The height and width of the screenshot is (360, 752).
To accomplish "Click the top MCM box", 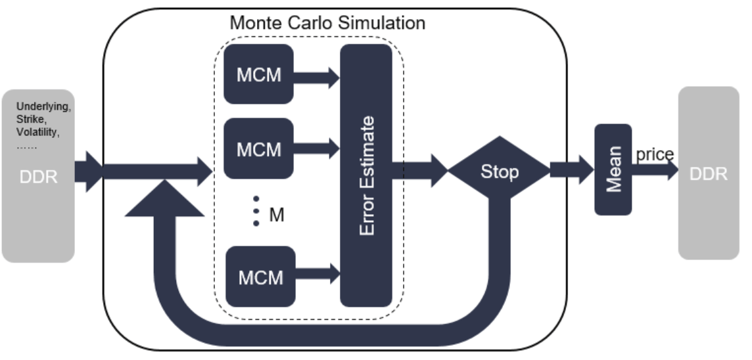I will coord(258,74).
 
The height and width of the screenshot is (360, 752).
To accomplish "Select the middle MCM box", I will coord(258,148).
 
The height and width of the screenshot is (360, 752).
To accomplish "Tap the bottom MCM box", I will coord(260,277).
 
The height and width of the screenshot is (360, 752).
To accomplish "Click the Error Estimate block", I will coord(366,175).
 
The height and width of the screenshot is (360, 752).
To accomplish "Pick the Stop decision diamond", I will coord(499,171).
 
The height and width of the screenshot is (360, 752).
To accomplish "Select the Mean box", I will coord(613,169).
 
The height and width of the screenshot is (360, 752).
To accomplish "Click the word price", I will coord(654,155).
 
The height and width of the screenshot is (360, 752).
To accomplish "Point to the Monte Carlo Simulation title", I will coord(327,22).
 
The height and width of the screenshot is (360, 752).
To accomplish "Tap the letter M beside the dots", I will coord(277,214).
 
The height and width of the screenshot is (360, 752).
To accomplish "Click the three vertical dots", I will coord(256,211).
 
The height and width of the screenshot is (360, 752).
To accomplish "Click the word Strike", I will coord(30,119).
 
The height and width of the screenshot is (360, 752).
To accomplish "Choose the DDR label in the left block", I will coord(38,177).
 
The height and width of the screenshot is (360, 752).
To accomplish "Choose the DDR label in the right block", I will coord(709,173).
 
